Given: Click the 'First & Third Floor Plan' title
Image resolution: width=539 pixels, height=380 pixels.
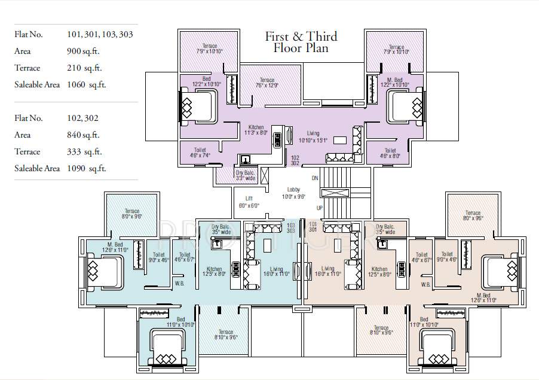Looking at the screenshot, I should [301, 42].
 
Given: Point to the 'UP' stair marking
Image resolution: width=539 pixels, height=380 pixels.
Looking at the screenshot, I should [319, 208].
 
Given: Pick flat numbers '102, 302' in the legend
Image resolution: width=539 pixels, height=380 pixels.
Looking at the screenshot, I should [84, 118].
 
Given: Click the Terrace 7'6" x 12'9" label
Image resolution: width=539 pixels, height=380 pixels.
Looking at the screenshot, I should [267, 83].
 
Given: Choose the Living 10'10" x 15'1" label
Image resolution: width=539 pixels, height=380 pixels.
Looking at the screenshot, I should [313, 137].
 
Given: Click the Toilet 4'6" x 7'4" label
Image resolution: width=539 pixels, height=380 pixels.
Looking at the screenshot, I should [200, 153].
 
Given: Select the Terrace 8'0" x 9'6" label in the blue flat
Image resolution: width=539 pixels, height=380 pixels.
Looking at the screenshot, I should [131, 214].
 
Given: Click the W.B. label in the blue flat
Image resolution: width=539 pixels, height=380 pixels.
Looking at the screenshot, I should [179, 283].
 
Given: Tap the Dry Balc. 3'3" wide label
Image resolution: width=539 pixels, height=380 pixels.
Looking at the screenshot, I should [246, 175].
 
